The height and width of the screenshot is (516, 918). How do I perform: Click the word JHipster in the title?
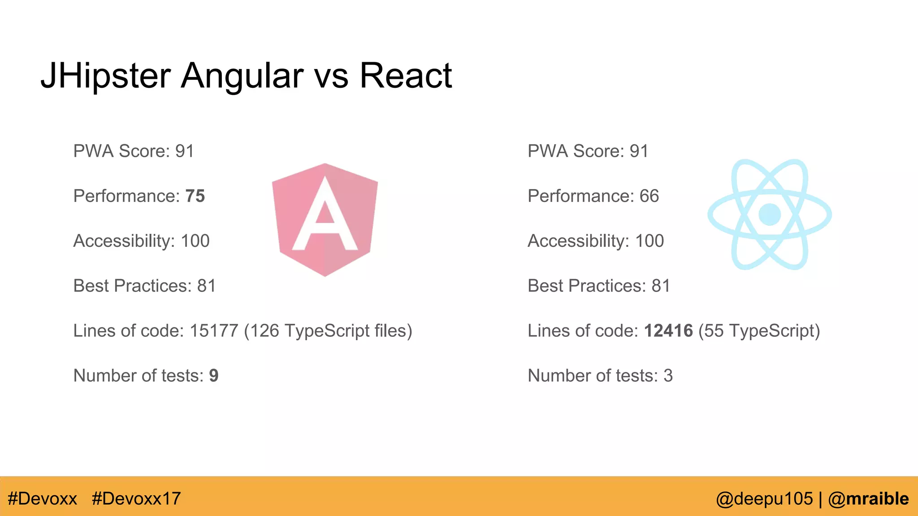point(106,76)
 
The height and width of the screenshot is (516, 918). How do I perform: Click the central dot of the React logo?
point(770,214)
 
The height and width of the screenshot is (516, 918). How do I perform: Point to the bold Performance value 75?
point(195,196)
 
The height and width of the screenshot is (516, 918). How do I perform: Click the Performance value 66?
point(649,196)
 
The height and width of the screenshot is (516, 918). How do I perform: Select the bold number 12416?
point(668,331)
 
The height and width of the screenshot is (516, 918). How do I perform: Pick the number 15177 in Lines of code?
point(214,331)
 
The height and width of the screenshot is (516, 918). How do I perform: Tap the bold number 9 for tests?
point(214,375)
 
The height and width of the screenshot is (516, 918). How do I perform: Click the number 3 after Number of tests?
point(668,375)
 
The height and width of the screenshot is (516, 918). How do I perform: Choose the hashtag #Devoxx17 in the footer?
point(136,499)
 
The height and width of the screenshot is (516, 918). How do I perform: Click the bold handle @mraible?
point(868,499)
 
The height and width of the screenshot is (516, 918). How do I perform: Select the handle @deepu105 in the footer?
point(764,499)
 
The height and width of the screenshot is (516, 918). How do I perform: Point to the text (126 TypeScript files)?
point(328,331)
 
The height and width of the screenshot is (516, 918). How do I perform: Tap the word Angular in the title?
point(242,76)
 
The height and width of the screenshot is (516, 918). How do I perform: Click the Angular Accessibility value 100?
point(195,241)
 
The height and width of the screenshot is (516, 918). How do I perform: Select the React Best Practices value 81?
point(661,286)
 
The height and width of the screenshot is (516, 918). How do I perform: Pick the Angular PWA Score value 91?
point(185,151)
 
